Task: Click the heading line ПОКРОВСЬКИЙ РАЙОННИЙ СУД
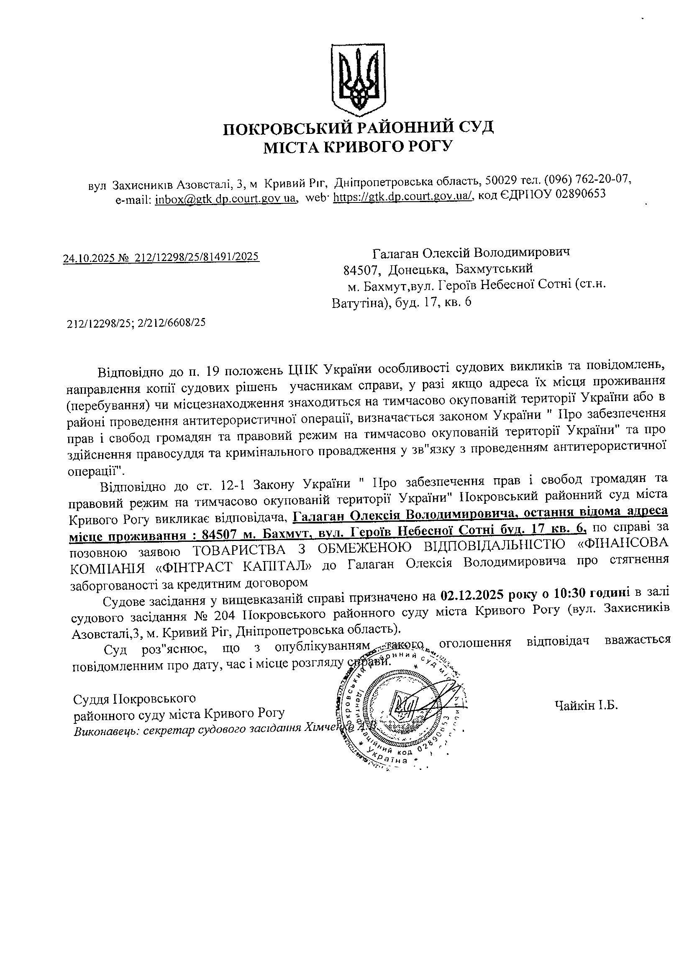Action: (x=358, y=128)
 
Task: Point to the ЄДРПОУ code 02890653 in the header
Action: (x=580, y=195)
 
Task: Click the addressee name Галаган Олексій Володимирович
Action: (x=471, y=253)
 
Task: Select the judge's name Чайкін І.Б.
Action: (x=586, y=706)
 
